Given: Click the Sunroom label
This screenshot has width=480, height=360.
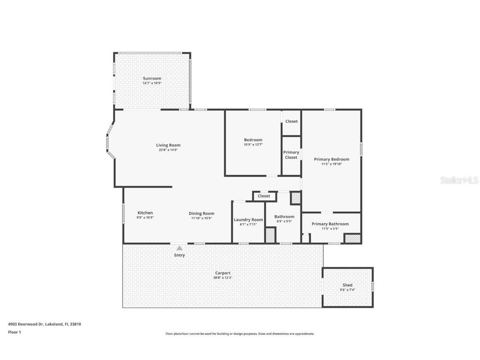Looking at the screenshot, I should (152, 78).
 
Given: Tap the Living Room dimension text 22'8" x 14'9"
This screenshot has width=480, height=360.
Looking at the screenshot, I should (168, 150).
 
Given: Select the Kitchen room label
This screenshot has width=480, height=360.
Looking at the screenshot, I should (145, 213).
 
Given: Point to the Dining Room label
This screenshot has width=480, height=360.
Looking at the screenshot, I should (201, 213).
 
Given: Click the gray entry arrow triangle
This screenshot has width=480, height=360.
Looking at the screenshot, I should (179, 248).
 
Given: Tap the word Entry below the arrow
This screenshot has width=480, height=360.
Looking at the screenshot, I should (179, 255).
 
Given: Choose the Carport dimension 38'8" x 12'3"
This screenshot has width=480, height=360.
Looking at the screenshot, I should (222, 277).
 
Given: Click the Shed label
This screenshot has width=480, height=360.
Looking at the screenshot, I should (347, 285).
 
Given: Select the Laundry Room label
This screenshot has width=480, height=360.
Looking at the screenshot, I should (248, 220).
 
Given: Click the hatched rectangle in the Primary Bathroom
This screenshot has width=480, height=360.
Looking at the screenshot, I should (352, 239).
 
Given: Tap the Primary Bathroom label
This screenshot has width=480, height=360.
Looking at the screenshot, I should (330, 224).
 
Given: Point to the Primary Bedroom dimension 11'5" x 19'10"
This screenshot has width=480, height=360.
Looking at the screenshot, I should (331, 164).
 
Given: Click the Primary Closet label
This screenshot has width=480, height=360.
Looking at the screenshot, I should (291, 155).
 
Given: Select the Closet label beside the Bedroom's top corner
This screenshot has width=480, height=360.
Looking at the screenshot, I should (291, 121).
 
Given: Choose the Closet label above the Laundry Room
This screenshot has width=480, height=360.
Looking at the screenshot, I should (264, 196).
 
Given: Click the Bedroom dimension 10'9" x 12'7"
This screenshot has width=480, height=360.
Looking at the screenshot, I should (253, 145).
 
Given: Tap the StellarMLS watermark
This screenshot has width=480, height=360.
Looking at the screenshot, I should (460, 180).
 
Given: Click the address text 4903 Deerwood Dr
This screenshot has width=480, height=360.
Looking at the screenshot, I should (25, 324).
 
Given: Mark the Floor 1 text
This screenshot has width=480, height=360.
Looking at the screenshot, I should (14, 332).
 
